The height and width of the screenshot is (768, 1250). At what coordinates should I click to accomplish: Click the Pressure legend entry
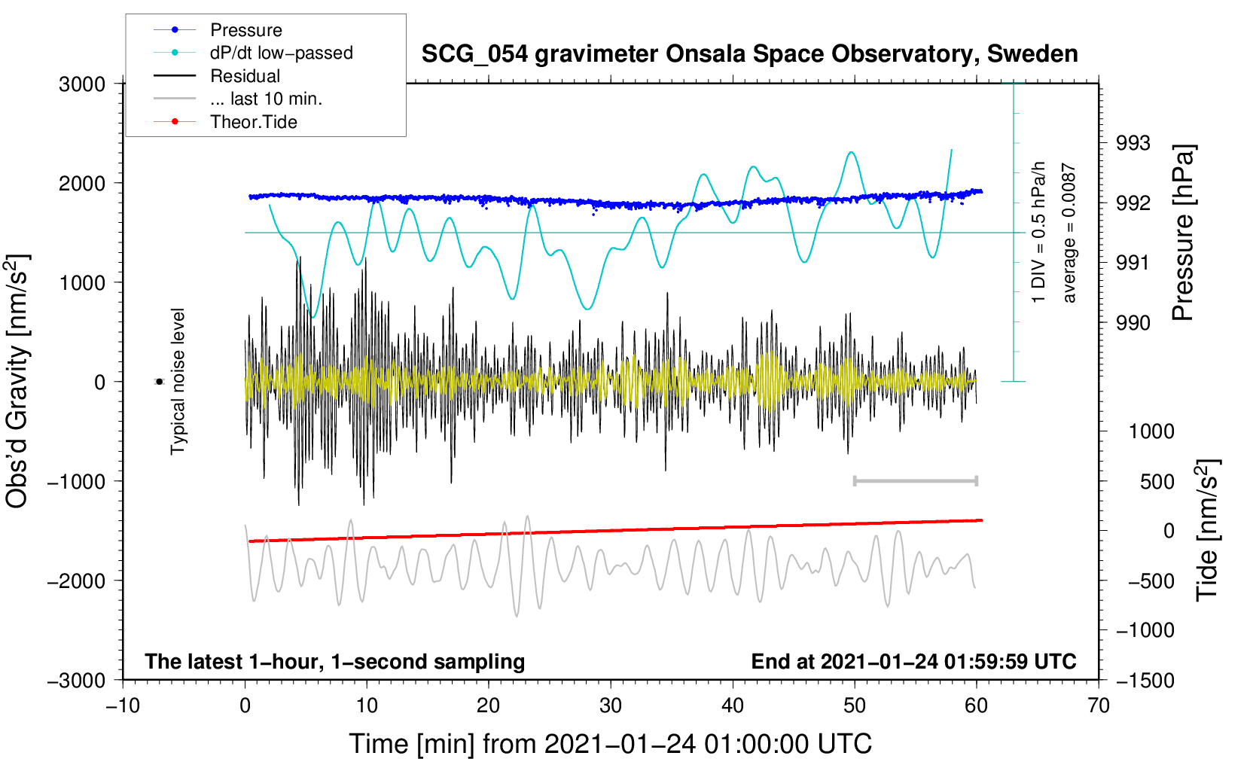pos(218,29)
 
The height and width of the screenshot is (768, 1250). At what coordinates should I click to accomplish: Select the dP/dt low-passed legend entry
pos(253,53)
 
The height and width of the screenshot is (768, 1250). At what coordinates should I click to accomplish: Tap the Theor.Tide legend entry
pos(225,122)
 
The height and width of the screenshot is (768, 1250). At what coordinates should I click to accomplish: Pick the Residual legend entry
pos(217,76)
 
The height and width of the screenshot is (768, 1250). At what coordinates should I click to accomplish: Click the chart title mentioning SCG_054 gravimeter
pos(749,54)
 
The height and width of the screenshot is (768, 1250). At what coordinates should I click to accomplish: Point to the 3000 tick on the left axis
pos(82,84)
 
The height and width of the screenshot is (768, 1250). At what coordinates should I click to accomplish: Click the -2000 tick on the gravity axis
pos(77,581)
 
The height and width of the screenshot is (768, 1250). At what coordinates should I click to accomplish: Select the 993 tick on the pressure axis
pos(1133,144)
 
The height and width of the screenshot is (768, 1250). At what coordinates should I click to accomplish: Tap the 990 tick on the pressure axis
pos(1133,322)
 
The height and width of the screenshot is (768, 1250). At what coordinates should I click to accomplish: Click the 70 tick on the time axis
pos(1098,706)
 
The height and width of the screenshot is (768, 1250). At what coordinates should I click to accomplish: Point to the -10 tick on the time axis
pos(123,706)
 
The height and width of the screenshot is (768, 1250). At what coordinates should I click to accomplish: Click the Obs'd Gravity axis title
pos(18,382)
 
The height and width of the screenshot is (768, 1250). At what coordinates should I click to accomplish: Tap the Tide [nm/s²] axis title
pos(1208,530)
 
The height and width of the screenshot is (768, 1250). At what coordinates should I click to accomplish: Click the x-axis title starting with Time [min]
pos(611,744)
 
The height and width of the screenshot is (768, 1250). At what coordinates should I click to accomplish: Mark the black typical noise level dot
pos(160,382)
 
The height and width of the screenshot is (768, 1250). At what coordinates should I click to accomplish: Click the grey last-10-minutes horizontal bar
pos(915,480)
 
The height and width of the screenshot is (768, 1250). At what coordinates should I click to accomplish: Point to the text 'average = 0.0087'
pos(1069,233)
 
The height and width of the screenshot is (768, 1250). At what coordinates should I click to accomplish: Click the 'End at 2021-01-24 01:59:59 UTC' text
pos(913,661)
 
